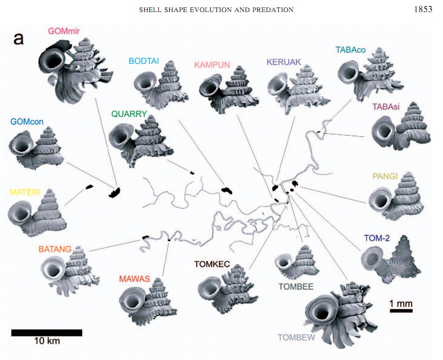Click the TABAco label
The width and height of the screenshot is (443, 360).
click(349, 50)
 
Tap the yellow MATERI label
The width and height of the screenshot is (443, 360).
click(25, 178)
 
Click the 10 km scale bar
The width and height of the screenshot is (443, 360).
click(47, 332)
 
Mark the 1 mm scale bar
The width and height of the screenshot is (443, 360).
click(402, 310)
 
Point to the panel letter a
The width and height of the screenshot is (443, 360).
click(18, 39)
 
